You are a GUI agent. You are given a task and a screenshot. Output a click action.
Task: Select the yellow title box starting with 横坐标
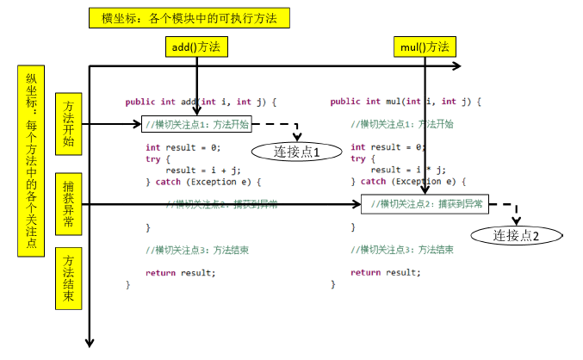189,18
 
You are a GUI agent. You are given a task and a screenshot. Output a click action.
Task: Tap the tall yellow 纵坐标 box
31,159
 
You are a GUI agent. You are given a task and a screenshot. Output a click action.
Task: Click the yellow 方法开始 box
68,124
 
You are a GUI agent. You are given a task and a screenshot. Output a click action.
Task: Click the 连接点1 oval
297,152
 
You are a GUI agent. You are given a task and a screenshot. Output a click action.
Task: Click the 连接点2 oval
516,234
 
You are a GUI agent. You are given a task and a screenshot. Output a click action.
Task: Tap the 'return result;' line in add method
181,272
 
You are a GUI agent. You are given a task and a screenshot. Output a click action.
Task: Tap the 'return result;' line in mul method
386,272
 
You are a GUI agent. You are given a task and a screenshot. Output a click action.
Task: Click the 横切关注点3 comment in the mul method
402,250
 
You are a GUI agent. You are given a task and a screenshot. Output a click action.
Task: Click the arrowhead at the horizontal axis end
456,66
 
